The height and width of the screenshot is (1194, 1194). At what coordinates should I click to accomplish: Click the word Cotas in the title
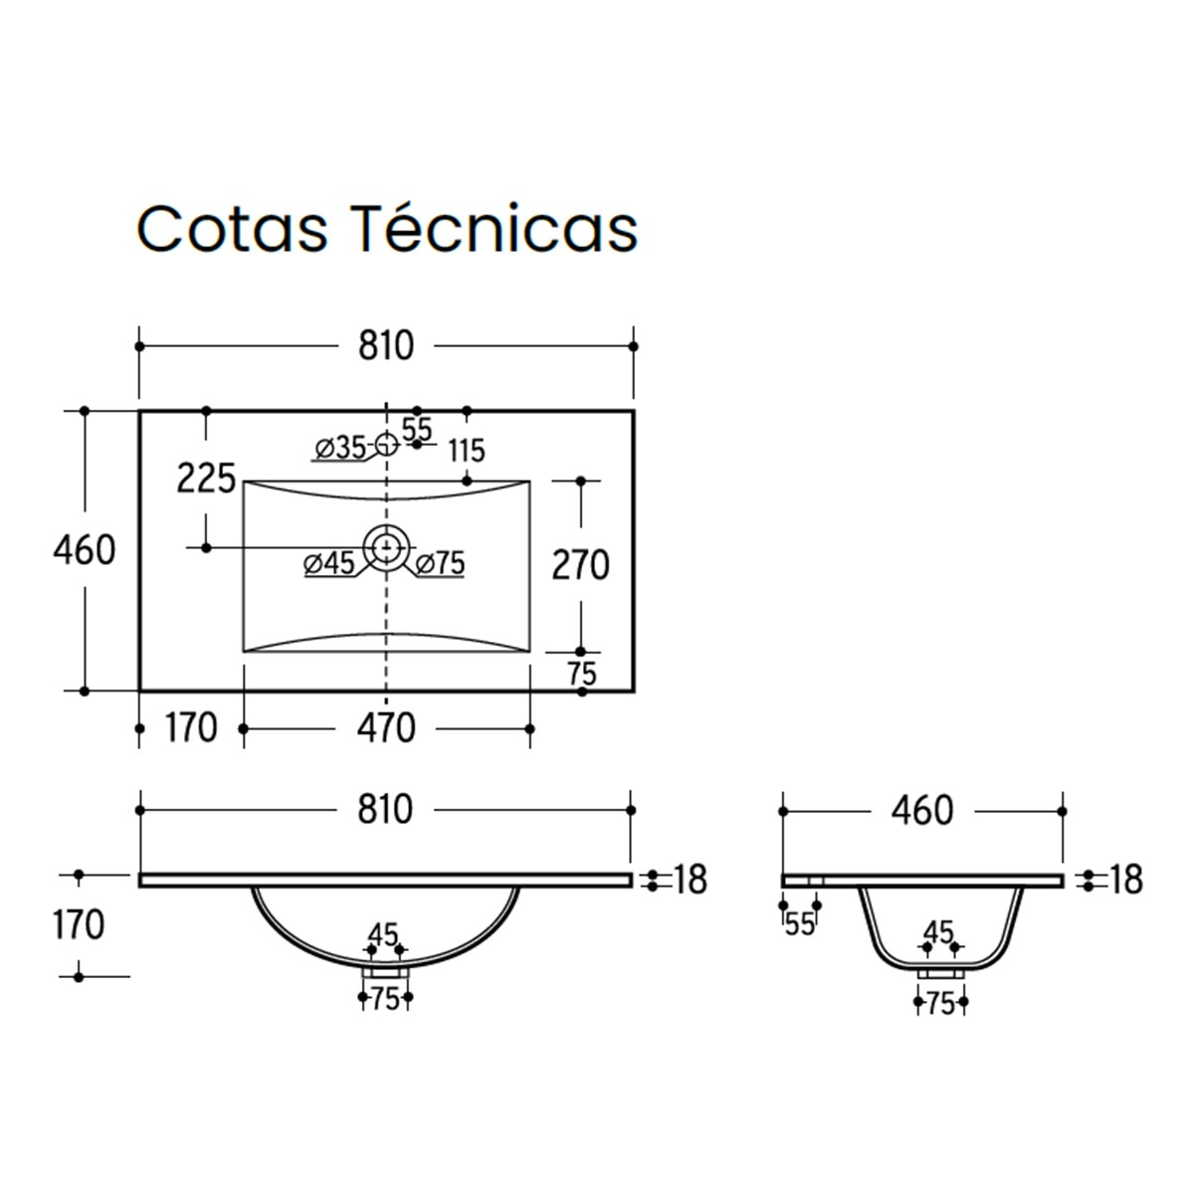coord(232,229)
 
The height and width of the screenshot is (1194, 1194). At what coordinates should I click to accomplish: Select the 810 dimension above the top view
coord(385,346)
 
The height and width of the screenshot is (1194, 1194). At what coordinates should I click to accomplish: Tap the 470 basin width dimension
coord(385,728)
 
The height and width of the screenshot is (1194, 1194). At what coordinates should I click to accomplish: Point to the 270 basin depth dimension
coord(580,565)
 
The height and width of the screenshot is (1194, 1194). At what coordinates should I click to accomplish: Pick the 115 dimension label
coord(466,452)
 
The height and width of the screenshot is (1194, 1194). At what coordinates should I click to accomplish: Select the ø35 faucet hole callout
coord(339,448)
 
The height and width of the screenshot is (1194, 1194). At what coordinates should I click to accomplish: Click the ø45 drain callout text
coord(329,564)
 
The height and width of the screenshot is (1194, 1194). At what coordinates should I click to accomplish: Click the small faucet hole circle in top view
coord(386,443)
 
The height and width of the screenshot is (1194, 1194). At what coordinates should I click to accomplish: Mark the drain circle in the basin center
coord(386,546)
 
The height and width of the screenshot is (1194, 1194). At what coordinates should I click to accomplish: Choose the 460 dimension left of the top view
coord(85,549)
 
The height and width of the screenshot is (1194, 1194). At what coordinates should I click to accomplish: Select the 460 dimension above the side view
coord(922,811)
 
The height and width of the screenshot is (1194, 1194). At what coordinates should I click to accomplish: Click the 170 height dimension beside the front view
coord(79,925)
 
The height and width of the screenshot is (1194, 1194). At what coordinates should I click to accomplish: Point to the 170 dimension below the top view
coord(191,728)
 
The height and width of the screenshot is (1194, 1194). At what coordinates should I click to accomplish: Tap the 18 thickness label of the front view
coord(690,880)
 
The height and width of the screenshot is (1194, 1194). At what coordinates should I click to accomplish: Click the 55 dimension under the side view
coord(800,924)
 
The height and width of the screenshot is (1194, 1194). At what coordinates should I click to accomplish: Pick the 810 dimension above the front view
coord(385,810)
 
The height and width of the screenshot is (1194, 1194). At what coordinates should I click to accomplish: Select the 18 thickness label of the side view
coord(1125,880)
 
